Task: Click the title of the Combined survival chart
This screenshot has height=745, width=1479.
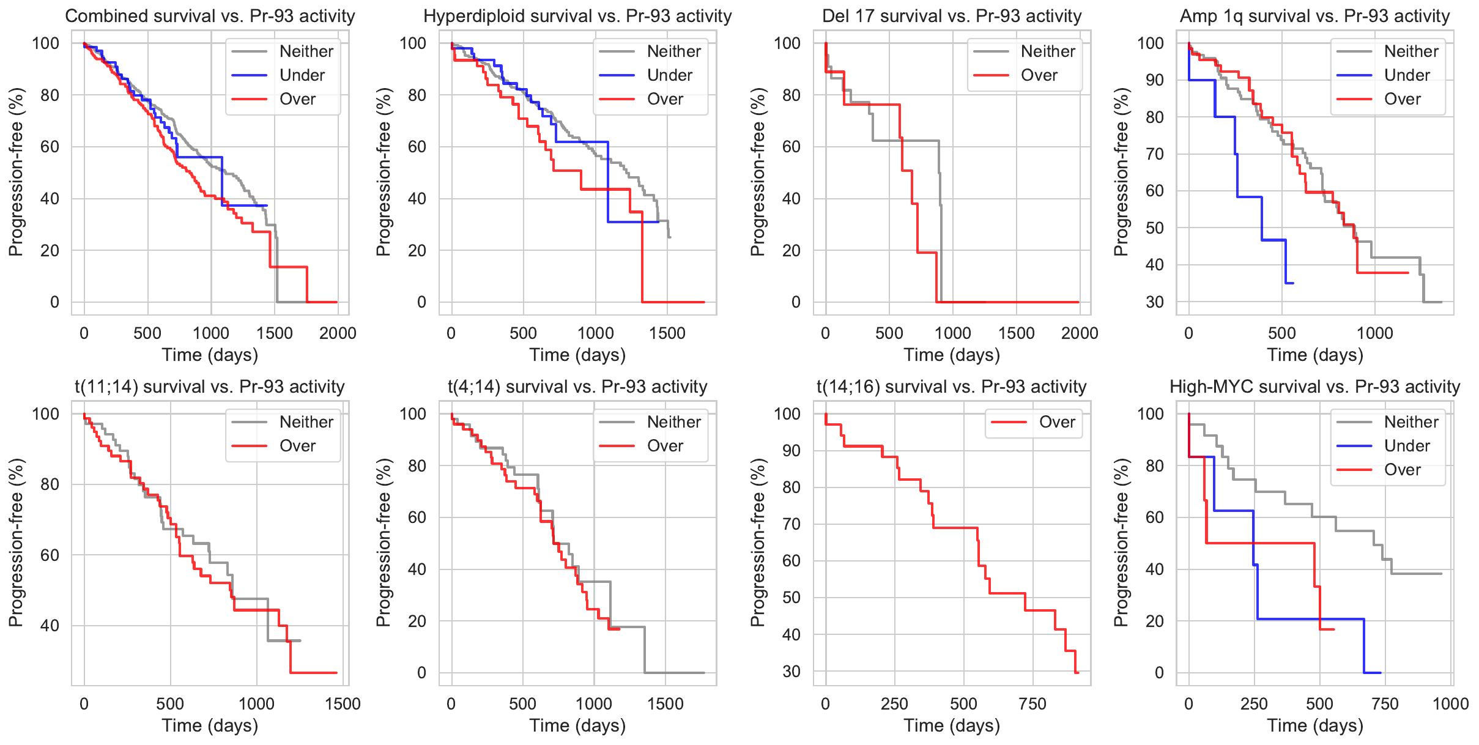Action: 210,16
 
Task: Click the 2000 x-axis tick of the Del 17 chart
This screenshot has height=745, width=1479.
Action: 1080,333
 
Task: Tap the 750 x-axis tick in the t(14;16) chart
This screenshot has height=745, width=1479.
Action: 1032,704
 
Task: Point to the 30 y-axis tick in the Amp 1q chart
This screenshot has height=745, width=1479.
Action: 1154,302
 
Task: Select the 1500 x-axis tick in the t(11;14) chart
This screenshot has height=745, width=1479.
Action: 343,704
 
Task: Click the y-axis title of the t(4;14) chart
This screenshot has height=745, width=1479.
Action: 383,543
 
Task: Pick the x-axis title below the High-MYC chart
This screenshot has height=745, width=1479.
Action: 1315,726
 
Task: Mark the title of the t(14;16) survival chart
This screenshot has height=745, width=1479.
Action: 951,387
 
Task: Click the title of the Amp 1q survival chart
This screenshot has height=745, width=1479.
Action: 1315,16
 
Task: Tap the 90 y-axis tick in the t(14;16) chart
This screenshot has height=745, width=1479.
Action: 791,451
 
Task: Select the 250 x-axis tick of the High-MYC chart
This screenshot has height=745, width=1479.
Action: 1254,704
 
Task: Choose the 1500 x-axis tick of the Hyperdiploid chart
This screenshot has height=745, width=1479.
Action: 667,333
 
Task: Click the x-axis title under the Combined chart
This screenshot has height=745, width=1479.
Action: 210,355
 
